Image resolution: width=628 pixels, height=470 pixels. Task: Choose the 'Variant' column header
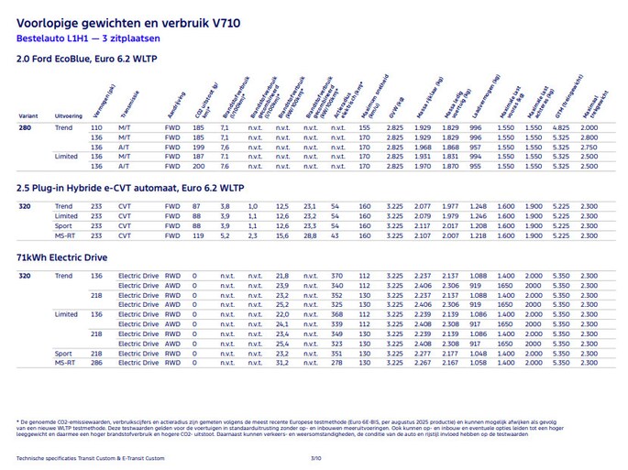coord(28,116)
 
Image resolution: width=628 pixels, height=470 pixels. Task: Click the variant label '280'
coord(25,127)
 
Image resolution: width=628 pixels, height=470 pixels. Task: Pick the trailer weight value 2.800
coord(589,137)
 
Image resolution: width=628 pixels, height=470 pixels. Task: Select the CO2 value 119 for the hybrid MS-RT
coord(196,235)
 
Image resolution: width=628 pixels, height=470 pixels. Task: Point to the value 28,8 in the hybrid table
coord(310,235)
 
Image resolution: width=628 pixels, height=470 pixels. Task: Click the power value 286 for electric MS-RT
coord(96,362)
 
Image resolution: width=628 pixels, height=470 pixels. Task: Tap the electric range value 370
coord(336,276)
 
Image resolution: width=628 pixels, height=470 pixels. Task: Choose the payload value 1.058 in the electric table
coord(478,362)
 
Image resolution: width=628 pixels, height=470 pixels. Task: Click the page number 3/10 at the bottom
coord(315,457)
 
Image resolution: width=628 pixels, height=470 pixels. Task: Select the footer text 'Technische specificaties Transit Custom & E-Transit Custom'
coord(90,457)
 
